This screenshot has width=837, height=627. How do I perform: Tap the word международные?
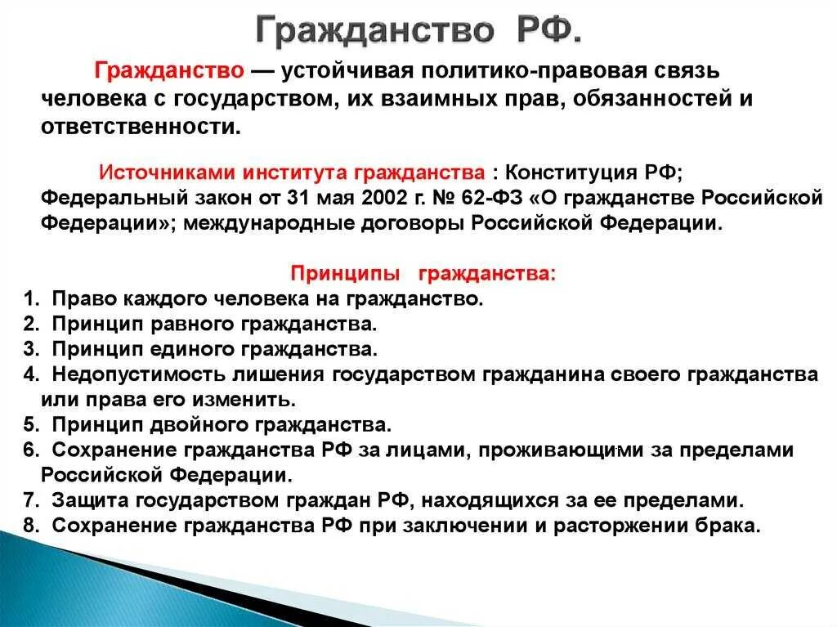pos(251,223)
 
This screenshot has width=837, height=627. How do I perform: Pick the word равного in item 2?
pos(194,325)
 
